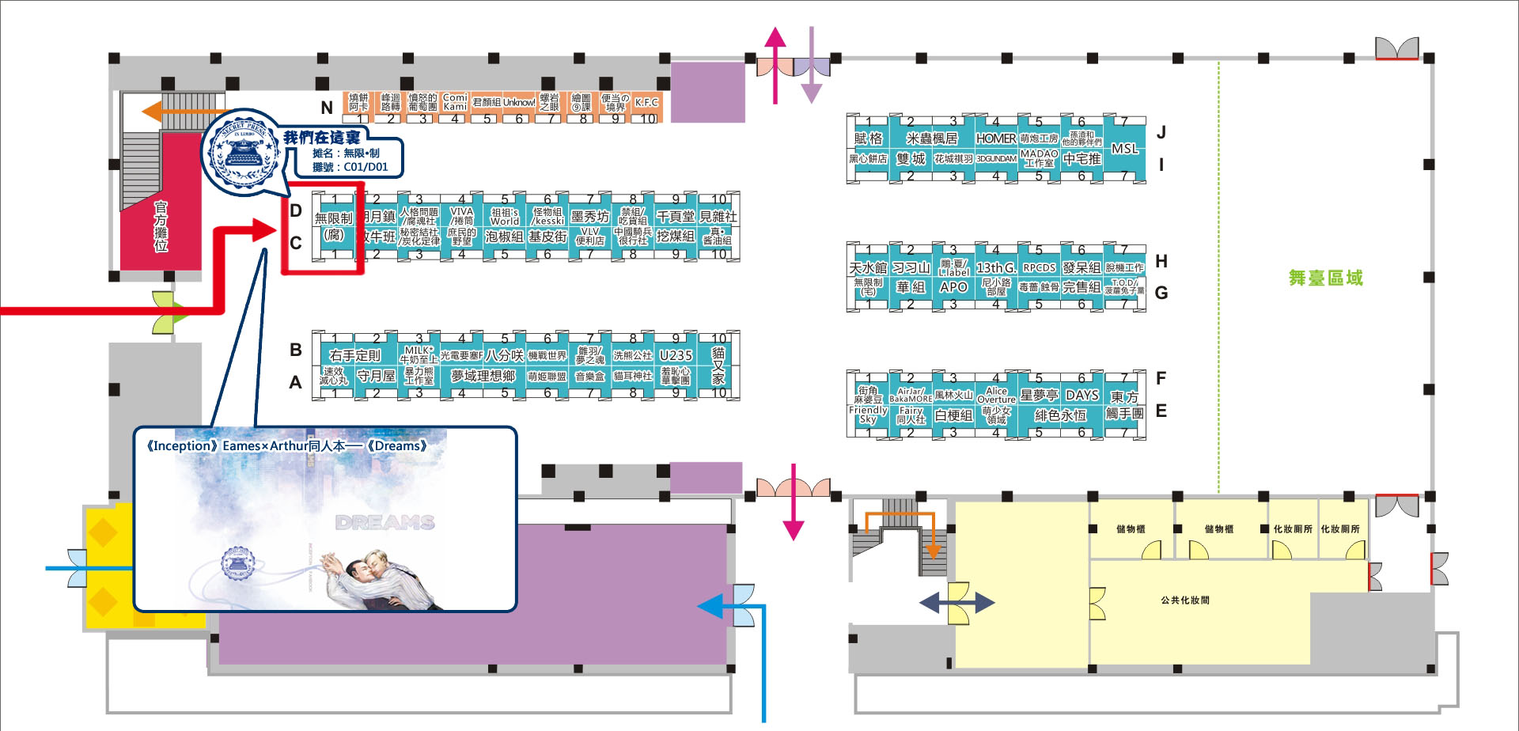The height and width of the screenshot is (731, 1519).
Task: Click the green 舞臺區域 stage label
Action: [x=1325, y=278]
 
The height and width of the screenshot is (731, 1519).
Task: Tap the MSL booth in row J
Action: [x=1124, y=148]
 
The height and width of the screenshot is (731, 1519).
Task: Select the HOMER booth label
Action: [x=995, y=138]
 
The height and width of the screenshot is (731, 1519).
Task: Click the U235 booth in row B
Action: [x=675, y=355]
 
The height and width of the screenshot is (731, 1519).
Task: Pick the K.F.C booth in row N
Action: [x=646, y=103]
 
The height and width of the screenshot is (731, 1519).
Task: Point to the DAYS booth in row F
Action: [x=1081, y=395]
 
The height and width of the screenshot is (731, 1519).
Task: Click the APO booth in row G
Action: [x=953, y=286]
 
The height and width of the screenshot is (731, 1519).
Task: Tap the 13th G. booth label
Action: [x=995, y=267]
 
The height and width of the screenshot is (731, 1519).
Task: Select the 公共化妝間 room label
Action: [x=1184, y=600]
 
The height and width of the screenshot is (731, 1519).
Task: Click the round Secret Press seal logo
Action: [x=242, y=150]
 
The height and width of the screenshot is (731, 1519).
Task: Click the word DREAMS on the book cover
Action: [x=384, y=522]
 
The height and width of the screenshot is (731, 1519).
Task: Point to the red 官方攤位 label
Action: [x=161, y=226]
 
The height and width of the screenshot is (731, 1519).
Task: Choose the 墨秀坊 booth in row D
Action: [x=589, y=216]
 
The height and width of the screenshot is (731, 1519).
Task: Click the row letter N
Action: [x=326, y=108]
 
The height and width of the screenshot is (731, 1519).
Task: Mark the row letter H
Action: [x=1161, y=261]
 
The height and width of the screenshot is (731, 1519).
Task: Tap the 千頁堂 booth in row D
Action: [x=675, y=216]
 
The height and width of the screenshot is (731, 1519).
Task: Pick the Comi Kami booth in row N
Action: [x=454, y=102]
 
